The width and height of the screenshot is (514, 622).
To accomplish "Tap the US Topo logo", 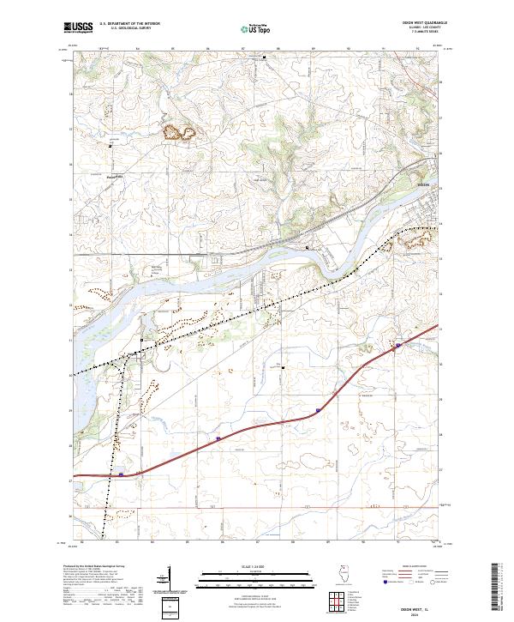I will [257, 29].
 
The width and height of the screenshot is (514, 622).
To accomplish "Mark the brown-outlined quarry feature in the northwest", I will [180, 132].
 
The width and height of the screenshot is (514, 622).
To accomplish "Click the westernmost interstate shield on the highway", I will [121, 473].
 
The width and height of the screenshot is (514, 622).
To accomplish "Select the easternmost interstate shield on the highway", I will [398, 346].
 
